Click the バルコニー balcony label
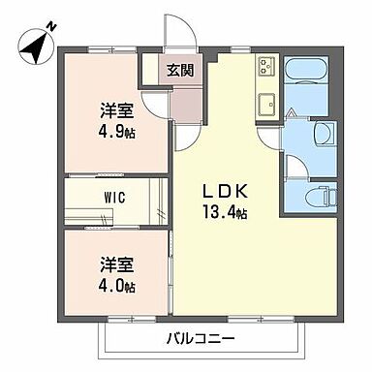(x=207, y=339)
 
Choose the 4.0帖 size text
(x=114, y=286)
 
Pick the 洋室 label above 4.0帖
(x=114, y=265)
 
